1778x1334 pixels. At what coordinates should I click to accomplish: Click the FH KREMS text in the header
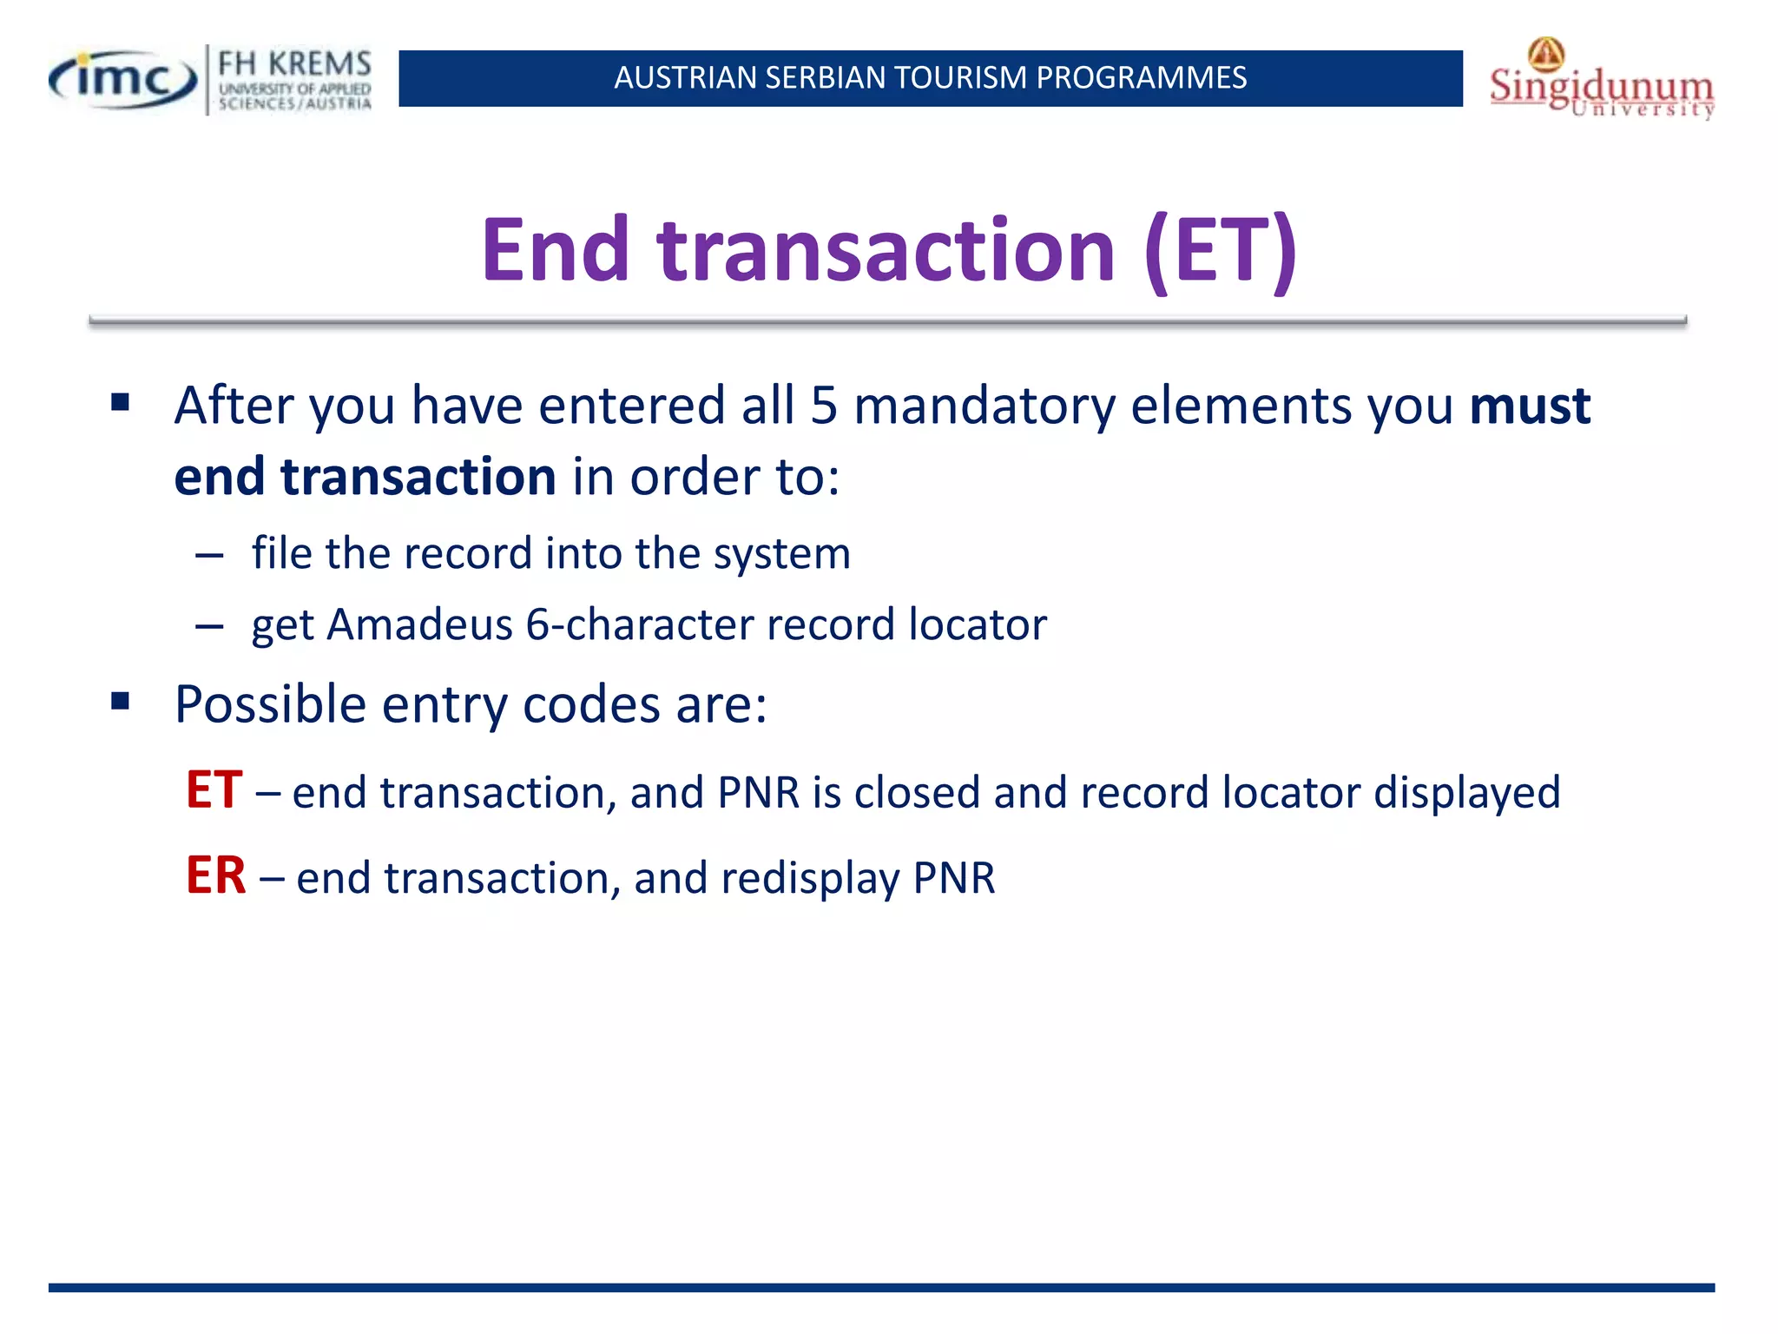tap(294, 64)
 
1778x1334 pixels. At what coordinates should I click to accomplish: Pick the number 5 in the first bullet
tap(824, 406)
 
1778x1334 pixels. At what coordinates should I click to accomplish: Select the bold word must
tap(1530, 406)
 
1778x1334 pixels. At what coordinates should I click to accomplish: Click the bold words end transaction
tap(365, 477)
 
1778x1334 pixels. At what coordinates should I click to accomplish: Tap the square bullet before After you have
tap(121, 402)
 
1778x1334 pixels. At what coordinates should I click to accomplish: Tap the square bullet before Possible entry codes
tap(121, 701)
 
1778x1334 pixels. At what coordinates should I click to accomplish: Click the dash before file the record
tap(209, 555)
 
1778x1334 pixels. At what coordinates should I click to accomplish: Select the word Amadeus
tap(419, 624)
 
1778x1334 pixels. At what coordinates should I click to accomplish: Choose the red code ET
tap(214, 790)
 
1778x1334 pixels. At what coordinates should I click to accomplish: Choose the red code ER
tap(215, 875)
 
